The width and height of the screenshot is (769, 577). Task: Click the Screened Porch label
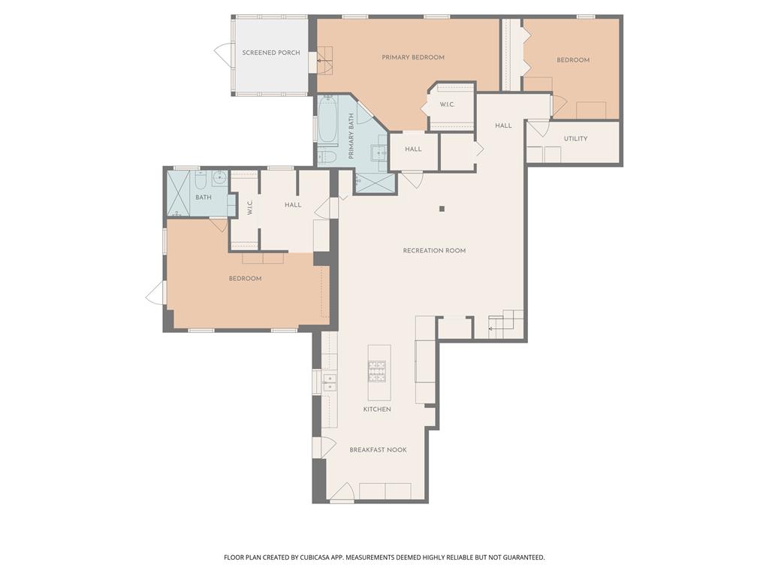[271, 53]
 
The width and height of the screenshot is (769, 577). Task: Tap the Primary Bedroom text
[413, 57]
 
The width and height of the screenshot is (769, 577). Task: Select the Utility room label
[575, 138]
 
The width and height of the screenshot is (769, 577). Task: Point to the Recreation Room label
[434, 250]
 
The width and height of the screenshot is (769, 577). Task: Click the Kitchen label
[377, 409]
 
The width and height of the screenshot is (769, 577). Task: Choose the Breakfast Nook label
[378, 450]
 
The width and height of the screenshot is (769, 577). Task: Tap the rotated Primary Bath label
[351, 136]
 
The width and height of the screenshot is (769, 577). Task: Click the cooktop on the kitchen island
[376, 369]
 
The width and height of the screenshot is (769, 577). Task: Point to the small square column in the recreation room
[442, 209]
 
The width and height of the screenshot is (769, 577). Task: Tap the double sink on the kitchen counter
[329, 382]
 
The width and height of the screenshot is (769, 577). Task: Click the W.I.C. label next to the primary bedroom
[448, 104]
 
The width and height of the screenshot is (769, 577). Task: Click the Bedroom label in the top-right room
[573, 60]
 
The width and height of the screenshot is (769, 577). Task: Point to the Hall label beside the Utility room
[503, 125]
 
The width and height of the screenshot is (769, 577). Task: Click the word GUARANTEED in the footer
[520, 557]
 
